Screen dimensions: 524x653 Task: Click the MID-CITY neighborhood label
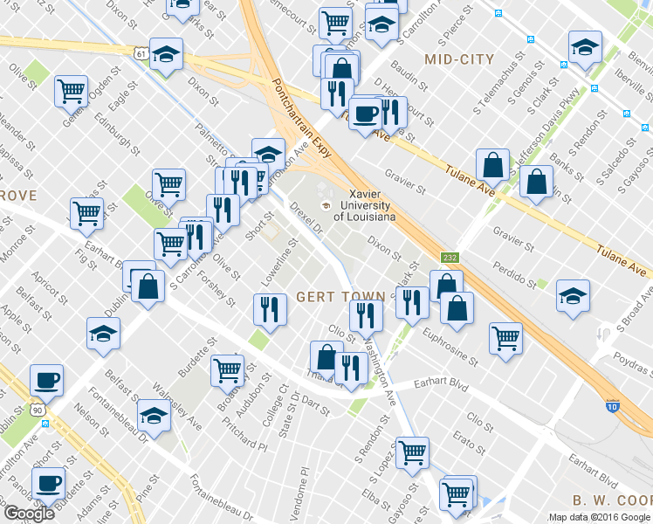[x=458, y=59]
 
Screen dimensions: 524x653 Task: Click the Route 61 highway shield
[x=141, y=53]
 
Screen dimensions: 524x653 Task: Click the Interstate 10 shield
[x=612, y=406]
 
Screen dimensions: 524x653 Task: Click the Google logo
[x=29, y=514]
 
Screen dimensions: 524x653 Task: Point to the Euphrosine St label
[x=450, y=347]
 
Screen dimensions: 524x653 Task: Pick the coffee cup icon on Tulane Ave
[x=365, y=112]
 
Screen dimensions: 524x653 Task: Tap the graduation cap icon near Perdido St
[x=573, y=294]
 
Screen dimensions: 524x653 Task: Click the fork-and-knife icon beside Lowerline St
[x=270, y=307]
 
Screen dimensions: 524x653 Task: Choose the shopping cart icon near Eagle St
[x=71, y=89]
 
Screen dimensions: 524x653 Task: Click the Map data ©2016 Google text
[x=599, y=517]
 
